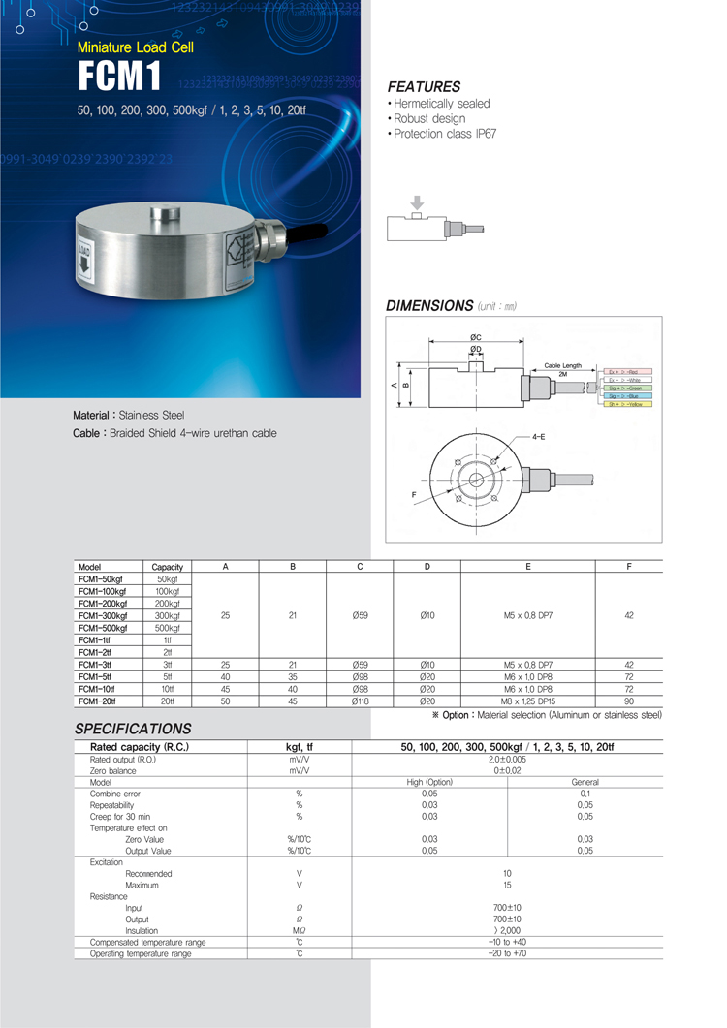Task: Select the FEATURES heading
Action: [424, 86]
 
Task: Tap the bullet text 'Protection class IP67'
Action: [444, 134]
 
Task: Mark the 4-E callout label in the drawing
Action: [538, 437]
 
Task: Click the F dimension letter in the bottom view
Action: [414, 494]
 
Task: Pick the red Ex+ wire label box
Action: [628, 371]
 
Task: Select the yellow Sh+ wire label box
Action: [628, 404]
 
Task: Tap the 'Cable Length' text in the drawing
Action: [562, 365]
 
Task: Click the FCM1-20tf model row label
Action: [97, 700]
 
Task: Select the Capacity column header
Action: [168, 566]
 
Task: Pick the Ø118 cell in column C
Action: [360, 700]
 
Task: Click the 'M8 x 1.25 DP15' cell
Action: [527, 700]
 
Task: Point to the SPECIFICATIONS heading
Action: [133, 729]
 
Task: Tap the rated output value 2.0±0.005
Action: [507, 760]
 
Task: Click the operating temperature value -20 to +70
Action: [507, 953]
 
